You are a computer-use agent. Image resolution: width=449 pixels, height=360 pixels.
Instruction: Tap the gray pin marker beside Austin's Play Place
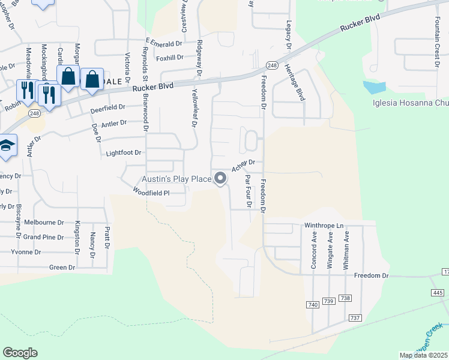(221, 178)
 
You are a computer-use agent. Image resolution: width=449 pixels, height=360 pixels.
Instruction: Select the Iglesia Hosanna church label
(411, 103)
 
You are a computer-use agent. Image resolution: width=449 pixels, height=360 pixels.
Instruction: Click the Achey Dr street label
(244, 164)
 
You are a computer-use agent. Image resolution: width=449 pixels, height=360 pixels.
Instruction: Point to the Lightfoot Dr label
(124, 153)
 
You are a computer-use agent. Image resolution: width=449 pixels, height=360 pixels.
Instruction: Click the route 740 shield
(312, 305)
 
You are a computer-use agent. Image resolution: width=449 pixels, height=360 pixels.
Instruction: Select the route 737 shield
(354, 317)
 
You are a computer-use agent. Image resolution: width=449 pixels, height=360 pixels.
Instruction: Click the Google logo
(20, 353)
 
